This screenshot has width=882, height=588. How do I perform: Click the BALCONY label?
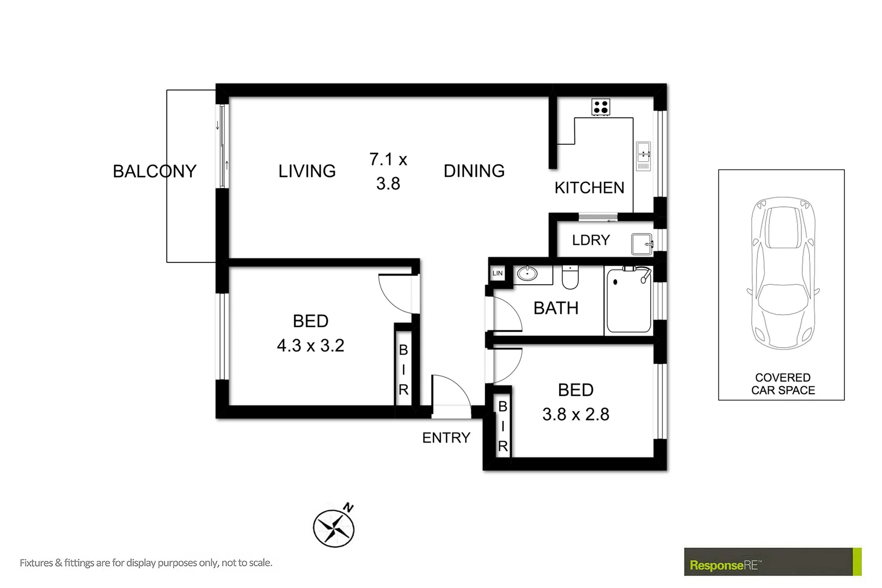click(154, 171)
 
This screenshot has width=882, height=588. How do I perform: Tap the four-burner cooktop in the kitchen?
click(601, 107)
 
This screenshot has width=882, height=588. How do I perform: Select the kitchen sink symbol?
click(643, 156)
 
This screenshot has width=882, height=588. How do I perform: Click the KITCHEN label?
click(589, 188)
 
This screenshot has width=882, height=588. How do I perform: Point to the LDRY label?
click(591, 240)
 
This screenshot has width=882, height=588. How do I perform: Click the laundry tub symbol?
click(641, 244)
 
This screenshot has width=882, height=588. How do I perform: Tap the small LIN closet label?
click(498, 273)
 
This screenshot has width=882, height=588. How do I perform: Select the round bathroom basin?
click(527, 273)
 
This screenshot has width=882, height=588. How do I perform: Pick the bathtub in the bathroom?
click(629, 301)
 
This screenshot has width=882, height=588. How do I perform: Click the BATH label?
click(556, 308)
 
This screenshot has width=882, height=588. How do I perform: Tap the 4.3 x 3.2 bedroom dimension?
click(310, 345)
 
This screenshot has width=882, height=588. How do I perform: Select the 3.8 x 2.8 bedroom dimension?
click(575, 414)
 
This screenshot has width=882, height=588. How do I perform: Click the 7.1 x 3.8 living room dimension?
click(388, 171)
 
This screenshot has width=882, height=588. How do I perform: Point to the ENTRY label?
click(446, 437)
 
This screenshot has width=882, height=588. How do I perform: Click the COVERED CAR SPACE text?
click(782, 384)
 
